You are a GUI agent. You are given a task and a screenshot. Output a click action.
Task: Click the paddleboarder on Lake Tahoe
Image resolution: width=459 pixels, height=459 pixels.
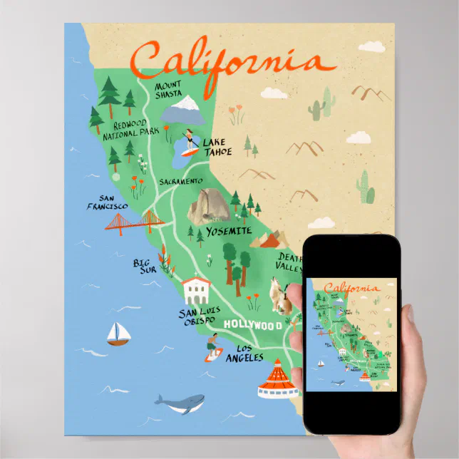(190, 142)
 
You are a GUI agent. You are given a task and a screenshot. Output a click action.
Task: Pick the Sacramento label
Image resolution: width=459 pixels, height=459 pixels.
(181, 182)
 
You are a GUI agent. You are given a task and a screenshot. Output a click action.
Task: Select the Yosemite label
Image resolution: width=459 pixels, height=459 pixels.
(229, 232)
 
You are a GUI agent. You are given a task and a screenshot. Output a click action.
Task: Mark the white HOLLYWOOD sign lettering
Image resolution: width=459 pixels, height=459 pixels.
(254, 325)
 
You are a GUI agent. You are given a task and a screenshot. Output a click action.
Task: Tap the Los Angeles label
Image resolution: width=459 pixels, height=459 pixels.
(244, 354)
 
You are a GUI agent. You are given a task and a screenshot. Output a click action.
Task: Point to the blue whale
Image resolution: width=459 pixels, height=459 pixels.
(181, 404)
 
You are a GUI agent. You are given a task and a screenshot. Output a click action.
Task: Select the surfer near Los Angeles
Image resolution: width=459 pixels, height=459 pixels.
(210, 348)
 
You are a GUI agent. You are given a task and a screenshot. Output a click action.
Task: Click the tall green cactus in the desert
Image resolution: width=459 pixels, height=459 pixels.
(365, 187)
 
